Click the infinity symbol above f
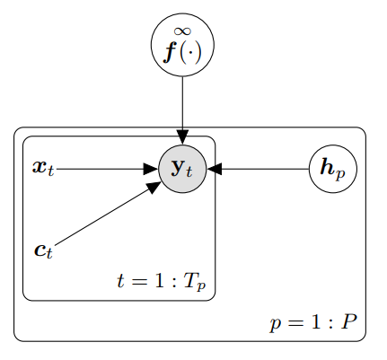pos(182,31)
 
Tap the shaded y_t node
pos(182,169)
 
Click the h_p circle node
pos(333,169)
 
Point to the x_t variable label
pos(43,168)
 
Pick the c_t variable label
pos(44,250)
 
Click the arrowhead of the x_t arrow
pos(151,169)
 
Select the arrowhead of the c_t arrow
pos(154,187)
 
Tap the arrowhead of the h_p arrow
pos(215,169)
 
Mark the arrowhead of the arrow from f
pos(182,137)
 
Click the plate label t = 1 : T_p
pos(162,282)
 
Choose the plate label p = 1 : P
pos(313,323)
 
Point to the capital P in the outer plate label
pos(349,321)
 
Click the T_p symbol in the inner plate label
pos(195,282)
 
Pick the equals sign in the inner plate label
pos(137,282)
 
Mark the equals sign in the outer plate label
pos(295,323)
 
